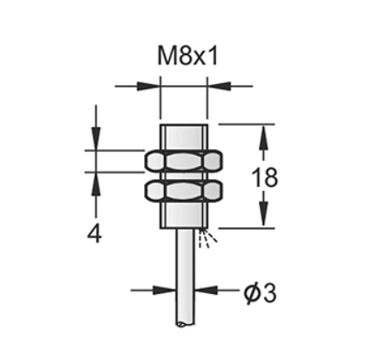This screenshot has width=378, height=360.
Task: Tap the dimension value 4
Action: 95,232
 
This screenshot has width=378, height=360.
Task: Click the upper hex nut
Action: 183,160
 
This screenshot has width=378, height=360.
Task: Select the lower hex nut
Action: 183,190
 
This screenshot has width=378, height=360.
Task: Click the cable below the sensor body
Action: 183,274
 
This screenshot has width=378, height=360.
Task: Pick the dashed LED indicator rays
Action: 205,239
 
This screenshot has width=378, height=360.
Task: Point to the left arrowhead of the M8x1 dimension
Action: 153,86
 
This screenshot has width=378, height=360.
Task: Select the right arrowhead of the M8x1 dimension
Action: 213,86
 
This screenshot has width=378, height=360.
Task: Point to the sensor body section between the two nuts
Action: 183,175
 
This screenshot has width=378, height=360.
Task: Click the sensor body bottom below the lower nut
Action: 183,217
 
